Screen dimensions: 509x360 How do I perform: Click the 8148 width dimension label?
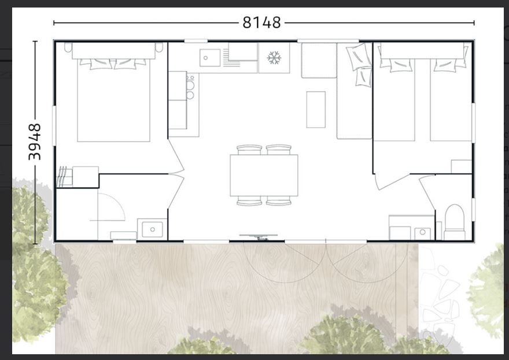tap(261, 23)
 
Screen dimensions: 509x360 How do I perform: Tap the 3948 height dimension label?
tap(35, 142)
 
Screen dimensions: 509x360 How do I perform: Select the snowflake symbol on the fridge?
tap(274, 58)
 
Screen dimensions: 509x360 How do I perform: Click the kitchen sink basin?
tap(210, 58)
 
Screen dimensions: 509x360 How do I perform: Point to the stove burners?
tap(190, 87)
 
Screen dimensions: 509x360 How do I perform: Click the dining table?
tap(264, 175)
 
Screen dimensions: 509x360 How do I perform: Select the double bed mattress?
tap(113, 100)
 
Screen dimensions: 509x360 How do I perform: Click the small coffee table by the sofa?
tap(316, 110)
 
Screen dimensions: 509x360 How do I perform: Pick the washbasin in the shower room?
tap(152, 229)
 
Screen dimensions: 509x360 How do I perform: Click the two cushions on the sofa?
tap(359, 64)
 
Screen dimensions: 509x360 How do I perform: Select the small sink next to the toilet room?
tap(422, 233)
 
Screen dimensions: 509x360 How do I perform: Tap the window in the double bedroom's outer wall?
tap(54, 125)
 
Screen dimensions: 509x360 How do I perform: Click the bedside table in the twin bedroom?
tap(462, 166)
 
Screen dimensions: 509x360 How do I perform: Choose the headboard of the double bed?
tap(113, 51)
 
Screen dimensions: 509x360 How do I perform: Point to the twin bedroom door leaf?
tap(392, 182)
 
